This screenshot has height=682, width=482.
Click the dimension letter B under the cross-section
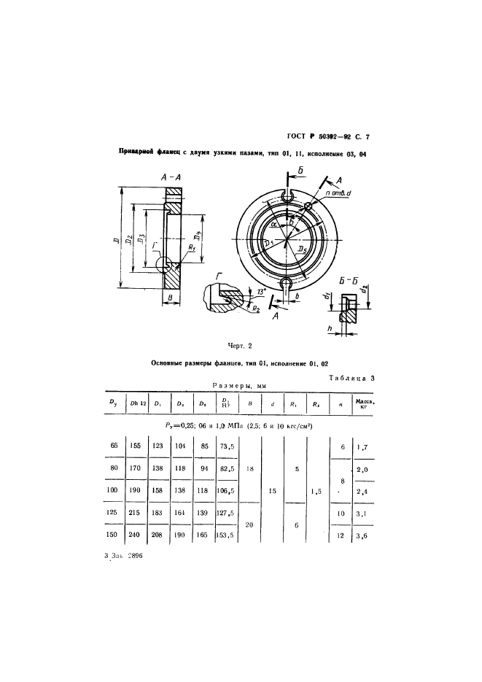[170, 298]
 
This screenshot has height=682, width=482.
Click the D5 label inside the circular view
[301, 250]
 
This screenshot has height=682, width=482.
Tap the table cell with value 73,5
[228, 447]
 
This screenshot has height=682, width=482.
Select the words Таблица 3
[351, 377]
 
